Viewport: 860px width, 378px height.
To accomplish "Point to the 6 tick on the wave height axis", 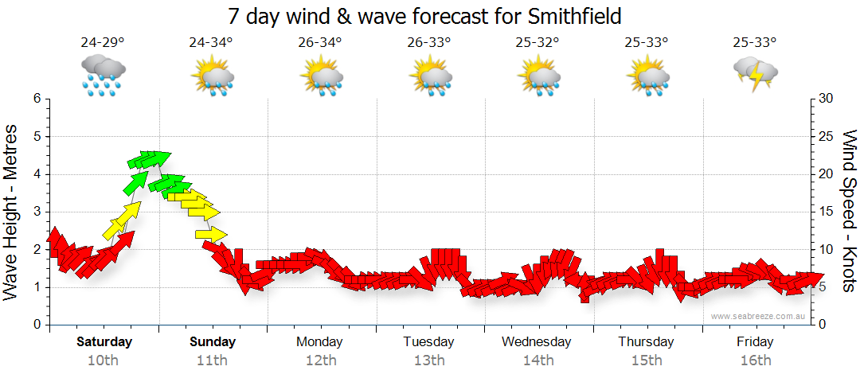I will [36, 99].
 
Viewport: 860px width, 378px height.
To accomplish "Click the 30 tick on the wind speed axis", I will [827, 99].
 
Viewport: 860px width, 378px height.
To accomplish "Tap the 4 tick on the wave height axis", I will [36, 174].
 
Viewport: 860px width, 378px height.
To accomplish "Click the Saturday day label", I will [104, 342].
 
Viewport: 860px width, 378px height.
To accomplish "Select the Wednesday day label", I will [537, 342].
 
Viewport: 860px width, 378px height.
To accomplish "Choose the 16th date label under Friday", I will [755, 360].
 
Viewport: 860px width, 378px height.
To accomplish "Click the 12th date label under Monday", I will [320, 360].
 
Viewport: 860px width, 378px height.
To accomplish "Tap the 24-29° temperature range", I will [103, 43].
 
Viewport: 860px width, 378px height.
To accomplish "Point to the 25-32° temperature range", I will [537, 43].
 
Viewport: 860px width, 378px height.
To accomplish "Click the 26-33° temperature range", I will [429, 43].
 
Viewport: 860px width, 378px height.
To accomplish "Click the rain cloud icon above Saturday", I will [103, 75].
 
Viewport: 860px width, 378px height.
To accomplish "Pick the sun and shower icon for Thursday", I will [647, 75].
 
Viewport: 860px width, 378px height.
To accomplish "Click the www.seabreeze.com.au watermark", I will [760, 316].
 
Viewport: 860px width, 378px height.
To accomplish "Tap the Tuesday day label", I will [428, 342].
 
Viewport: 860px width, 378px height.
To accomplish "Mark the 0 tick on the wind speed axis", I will [822, 325].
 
